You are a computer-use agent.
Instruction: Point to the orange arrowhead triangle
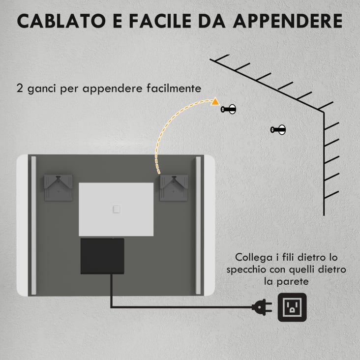[215, 102]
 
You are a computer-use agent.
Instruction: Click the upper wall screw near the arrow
[229, 109]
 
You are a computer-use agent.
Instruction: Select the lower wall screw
[278, 130]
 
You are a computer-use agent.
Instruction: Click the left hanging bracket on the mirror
[58, 187]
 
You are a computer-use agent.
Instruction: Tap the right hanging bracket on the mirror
[174, 187]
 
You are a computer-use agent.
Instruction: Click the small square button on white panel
[117, 209]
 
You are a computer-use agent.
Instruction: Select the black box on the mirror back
[102, 256]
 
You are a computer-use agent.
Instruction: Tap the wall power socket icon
[292, 307]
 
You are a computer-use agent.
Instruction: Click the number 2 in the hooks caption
[19, 89]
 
